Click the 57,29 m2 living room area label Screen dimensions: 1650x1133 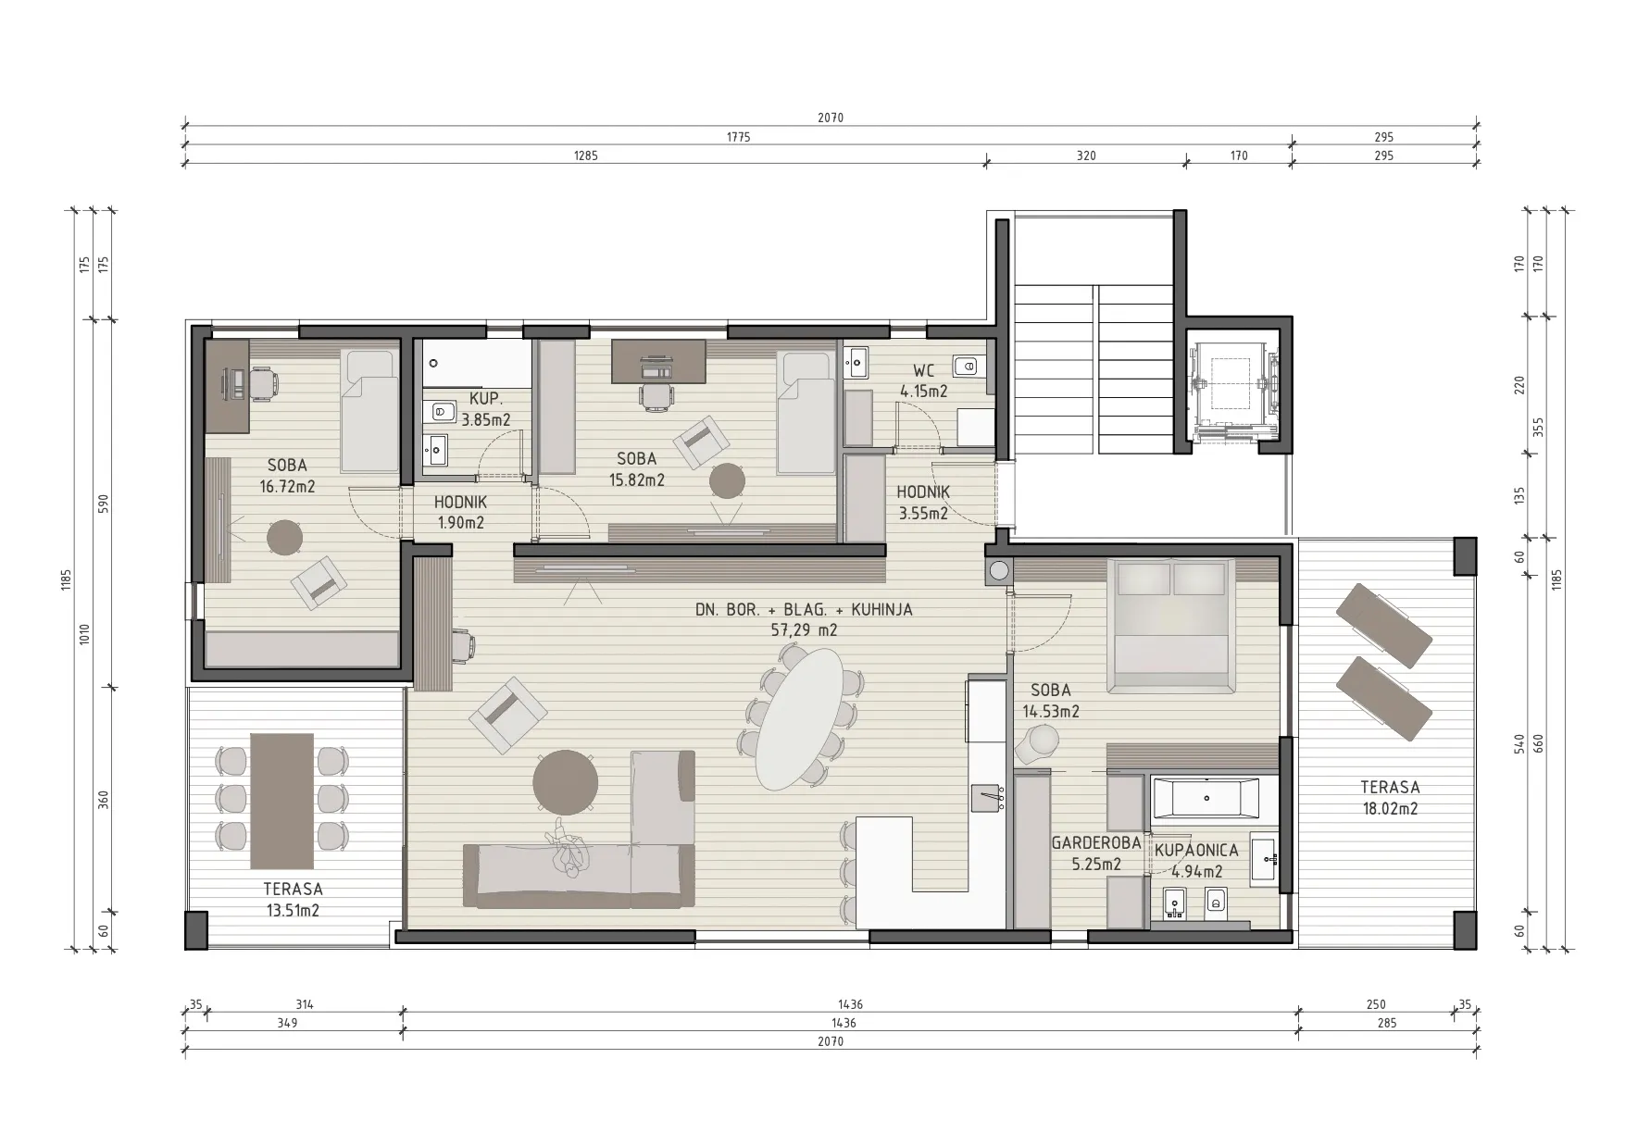[x=804, y=630]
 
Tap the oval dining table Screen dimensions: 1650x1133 [x=800, y=718]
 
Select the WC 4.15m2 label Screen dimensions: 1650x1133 [x=923, y=380]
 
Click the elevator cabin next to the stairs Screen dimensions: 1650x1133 [x=1232, y=388]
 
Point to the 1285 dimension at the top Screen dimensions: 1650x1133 [x=586, y=156]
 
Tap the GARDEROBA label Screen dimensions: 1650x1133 [x=1095, y=843]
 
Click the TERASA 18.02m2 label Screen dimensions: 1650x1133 [x=1390, y=798]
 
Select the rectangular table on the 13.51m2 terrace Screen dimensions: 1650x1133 [x=282, y=801]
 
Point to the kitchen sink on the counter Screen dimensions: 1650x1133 [x=988, y=797]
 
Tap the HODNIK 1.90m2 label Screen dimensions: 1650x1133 [x=460, y=512]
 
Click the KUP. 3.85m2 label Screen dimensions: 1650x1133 [x=486, y=409]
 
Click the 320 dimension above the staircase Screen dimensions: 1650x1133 [x=1086, y=156]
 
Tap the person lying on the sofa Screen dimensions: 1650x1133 [x=568, y=848]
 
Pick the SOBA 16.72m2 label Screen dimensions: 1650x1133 [x=287, y=476]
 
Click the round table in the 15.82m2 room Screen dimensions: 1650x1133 [x=728, y=481]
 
